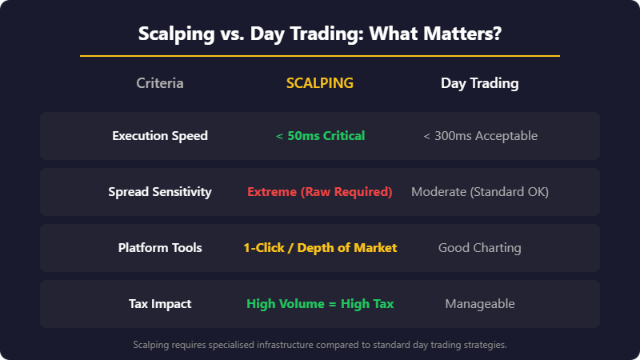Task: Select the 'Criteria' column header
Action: [160, 83]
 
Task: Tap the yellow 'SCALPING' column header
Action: [320, 83]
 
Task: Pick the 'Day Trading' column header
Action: [480, 83]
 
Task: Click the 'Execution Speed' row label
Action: [160, 136]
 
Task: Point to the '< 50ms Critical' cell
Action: [320, 136]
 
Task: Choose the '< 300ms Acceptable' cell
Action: [480, 136]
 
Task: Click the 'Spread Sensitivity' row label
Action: [160, 192]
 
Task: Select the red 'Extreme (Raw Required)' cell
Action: [320, 192]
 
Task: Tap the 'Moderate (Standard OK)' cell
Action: [480, 192]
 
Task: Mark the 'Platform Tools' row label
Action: [160, 248]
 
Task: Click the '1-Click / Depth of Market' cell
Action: [320, 248]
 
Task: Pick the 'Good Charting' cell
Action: [480, 248]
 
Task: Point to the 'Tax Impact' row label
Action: [160, 304]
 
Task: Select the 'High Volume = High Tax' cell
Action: [320, 304]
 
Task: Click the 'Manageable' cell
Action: [480, 304]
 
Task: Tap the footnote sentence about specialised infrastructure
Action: [320, 345]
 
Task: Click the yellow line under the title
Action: [320, 56]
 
